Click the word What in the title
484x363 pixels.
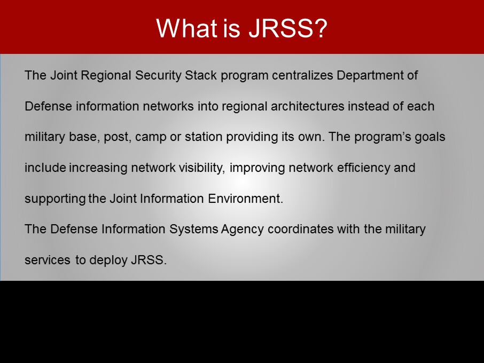click(186, 28)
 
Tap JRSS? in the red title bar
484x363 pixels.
click(288, 28)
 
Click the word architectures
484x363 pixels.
click(307, 106)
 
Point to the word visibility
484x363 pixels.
click(202, 168)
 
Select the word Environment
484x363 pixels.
click(245, 198)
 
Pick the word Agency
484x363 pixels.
click(243, 230)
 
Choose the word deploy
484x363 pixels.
click(108, 261)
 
